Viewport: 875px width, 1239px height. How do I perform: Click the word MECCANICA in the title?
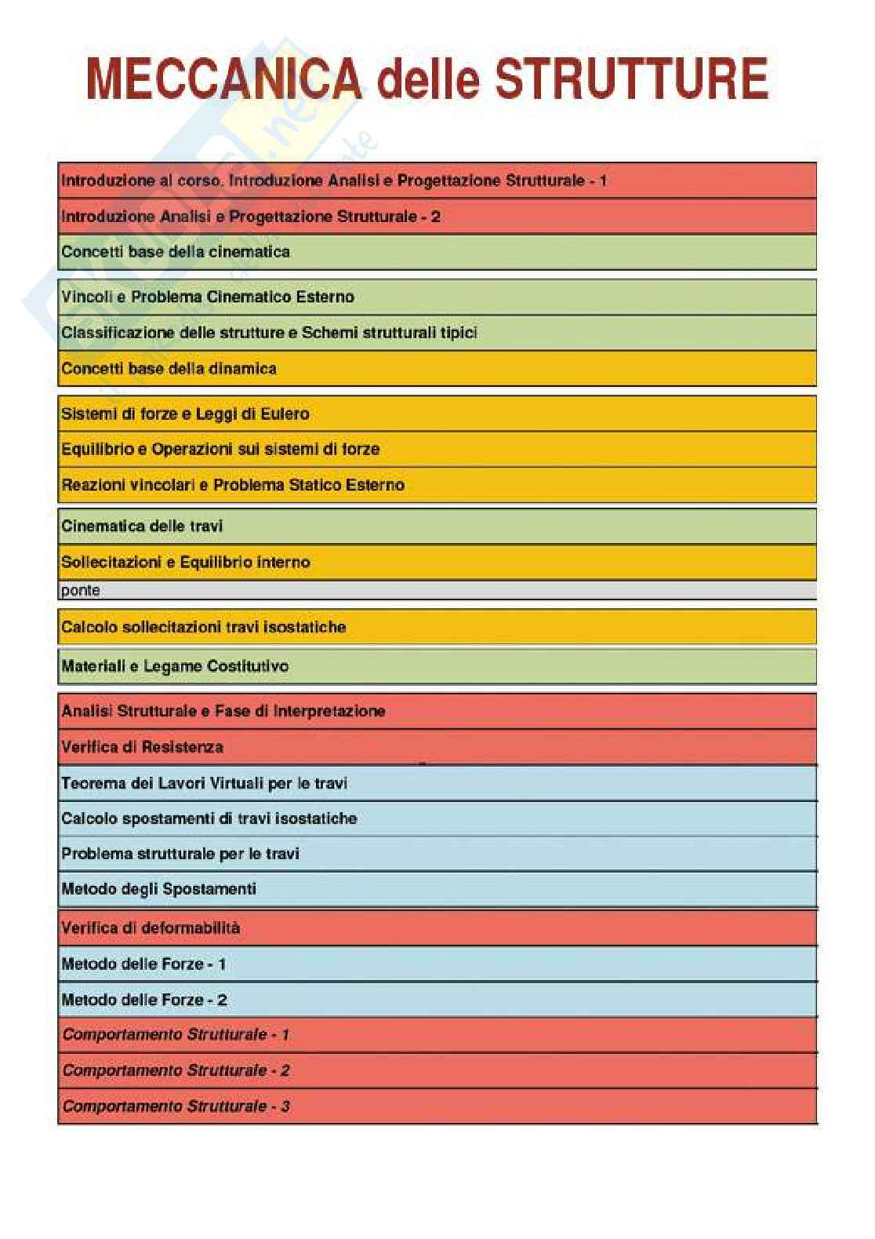pos(224,79)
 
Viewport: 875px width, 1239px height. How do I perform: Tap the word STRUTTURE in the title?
pos(632,79)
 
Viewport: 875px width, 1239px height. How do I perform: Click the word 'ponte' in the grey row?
pos(80,590)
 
